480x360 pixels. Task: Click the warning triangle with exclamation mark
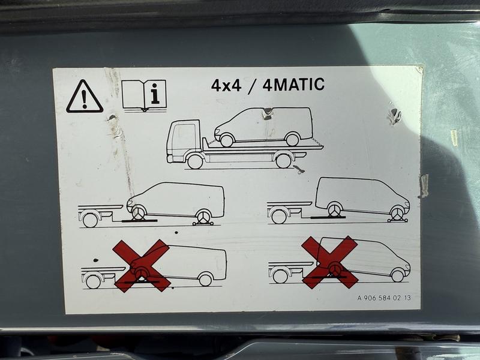(85, 97)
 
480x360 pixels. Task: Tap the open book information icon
(144, 95)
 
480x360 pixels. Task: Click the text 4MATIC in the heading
(293, 85)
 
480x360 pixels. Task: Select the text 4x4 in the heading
(226, 85)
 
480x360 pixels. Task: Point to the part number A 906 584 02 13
(384, 298)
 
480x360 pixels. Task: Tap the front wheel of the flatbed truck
(195, 161)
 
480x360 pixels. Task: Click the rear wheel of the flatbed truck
(283, 160)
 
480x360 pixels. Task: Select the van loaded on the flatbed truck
(263, 126)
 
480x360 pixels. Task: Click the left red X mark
(142, 266)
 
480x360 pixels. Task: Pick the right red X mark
(329, 262)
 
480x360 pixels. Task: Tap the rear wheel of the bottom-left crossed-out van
(205, 279)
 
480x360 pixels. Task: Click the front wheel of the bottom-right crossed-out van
(398, 275)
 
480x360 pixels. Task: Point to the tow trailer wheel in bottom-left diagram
(94, 281)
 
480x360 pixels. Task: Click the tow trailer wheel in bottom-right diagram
(280, 276)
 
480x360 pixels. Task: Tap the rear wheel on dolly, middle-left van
(203, 217)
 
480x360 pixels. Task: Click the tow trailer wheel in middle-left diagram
(91, 220)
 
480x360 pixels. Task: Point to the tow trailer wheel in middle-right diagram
(279, 216)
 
